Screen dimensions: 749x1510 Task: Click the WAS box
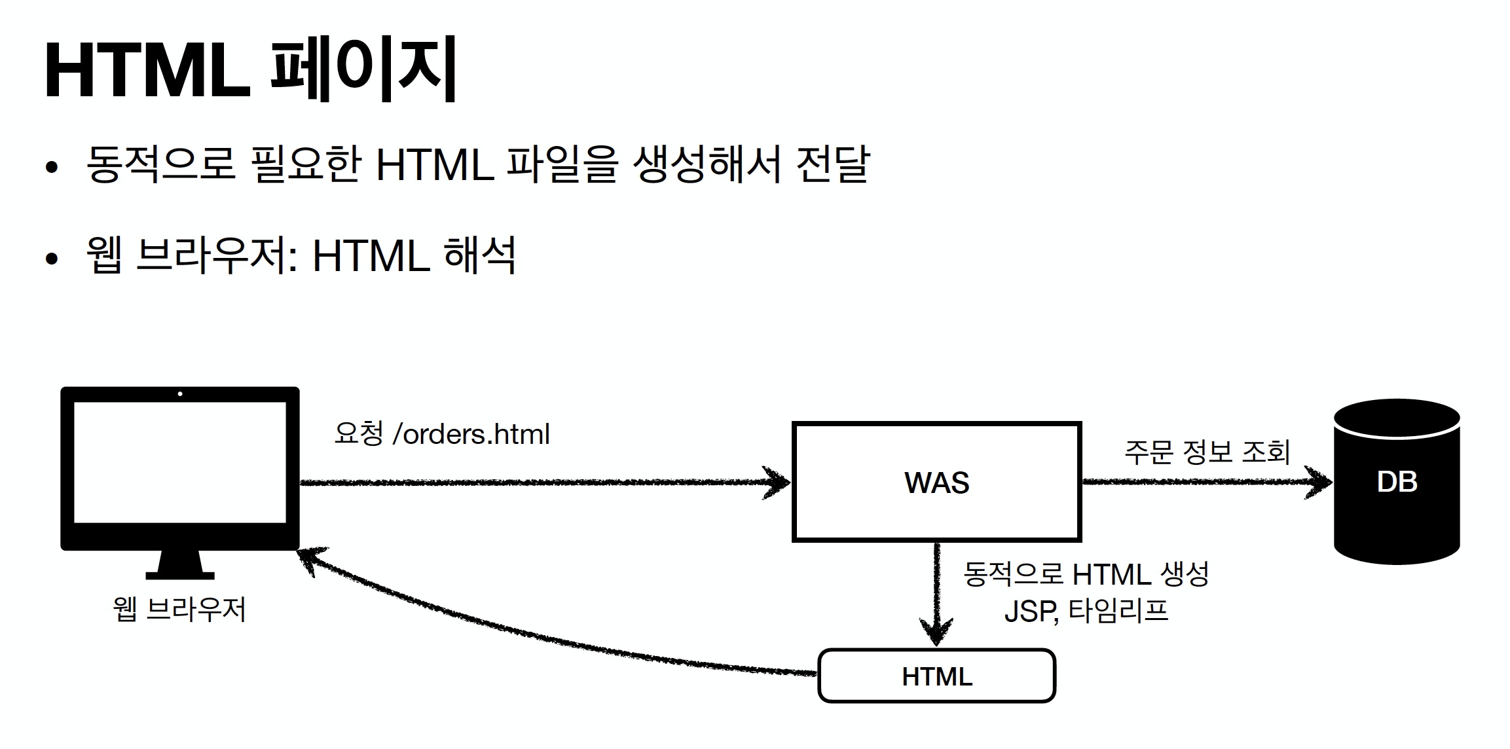coord(936,482)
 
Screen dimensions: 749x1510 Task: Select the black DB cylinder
coord(1396,482)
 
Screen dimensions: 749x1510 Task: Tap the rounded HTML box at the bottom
coord(936,676)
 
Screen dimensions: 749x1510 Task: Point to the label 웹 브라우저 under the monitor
coord(179,609)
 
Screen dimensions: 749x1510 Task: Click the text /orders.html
coord(471,434)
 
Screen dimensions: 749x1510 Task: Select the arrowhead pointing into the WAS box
coord(779,483)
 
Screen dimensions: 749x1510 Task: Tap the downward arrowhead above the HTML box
coord(936,632)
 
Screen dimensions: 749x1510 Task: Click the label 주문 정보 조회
coord(1206,452)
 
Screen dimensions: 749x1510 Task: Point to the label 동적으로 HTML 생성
coord(1086,574)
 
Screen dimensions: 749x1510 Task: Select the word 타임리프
coord(1118,610)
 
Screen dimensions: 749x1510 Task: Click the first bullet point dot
coord(52,167)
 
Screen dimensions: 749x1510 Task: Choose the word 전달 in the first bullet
coord(832,164)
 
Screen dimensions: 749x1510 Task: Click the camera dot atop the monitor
coord(180,394)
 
